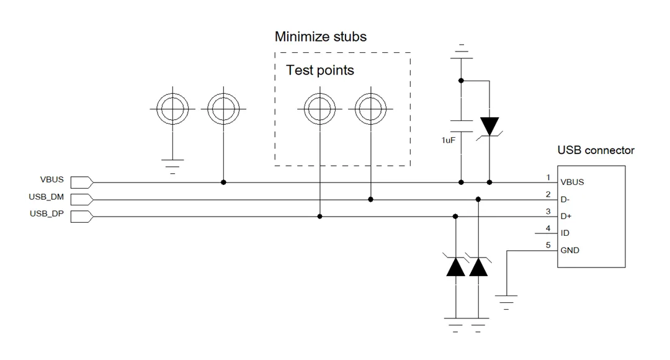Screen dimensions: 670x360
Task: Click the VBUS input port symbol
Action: click(82, 182)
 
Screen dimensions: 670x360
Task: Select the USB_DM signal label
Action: click(46, 197)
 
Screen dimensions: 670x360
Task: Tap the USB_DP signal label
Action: click(47, 214)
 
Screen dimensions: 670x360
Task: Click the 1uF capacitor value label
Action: click(449, 140)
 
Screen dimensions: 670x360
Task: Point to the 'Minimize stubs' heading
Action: click(321, 37)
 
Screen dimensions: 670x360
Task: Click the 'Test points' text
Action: click(320, 70)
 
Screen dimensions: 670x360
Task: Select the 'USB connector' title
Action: click(596, 150)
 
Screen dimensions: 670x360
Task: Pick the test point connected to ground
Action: click(172, 109)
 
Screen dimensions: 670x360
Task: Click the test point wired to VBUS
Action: click(223, 109)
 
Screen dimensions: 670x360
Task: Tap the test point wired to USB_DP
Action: click(319, 109)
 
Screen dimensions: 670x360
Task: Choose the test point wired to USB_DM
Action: click(370, 109)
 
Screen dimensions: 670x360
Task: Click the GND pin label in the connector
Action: click(569, 251)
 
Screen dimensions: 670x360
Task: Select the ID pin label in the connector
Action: click(565, 233)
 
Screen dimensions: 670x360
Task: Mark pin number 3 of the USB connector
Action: click(548, 211)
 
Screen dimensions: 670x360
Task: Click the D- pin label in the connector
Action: click(565, 200)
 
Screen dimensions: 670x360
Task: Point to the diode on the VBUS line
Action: click(489, 127)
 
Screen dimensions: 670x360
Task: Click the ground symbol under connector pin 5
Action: click(506, 302)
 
